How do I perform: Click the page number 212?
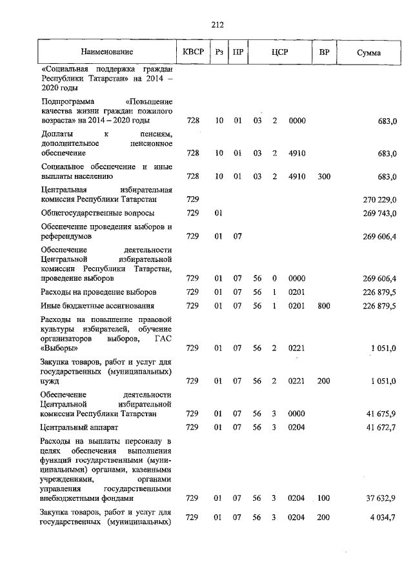point(217,25)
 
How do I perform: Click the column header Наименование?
point(106,52)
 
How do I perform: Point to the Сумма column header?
point(368,52)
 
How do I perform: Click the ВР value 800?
point(323,305)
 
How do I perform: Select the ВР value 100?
point(323,498)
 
